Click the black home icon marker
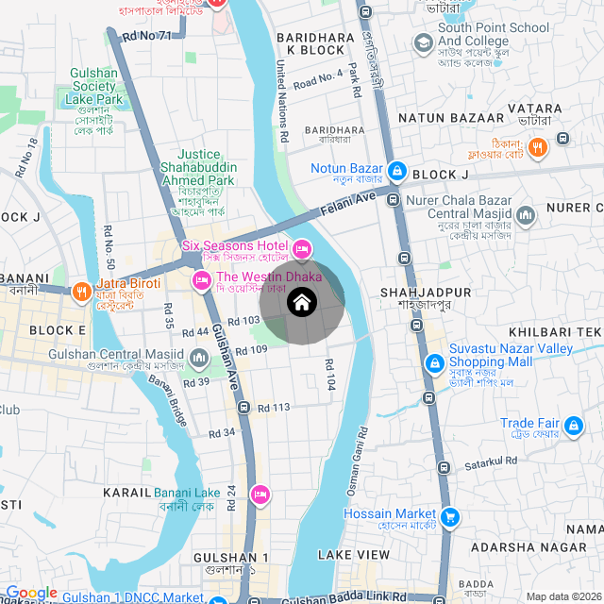[302, 303]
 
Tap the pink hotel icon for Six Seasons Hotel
[302, 249]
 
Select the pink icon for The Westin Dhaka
[201, 280]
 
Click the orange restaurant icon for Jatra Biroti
[82, 291]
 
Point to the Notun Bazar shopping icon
[397, 171]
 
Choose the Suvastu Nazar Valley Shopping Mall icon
[434, 362]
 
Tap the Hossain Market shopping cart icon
[450, 516]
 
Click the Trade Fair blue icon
[572, 428]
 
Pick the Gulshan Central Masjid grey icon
[199, 359]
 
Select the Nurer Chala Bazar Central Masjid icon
[526, 217]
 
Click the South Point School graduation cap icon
[423, 42]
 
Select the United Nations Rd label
[281, 102]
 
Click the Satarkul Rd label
[491, 461]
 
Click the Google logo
[31, 593]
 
